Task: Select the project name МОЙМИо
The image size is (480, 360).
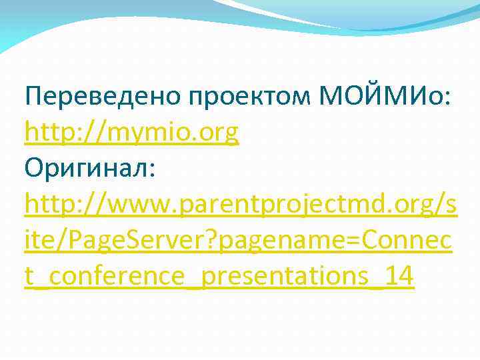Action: point(384,97)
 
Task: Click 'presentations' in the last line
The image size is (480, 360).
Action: point(283,276)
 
